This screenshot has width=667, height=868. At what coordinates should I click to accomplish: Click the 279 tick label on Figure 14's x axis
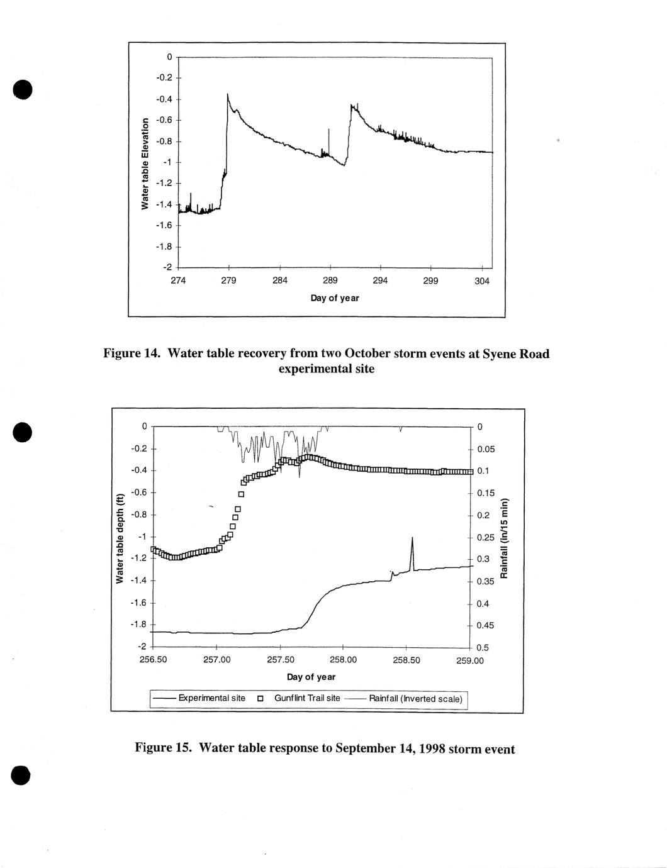(x=228, y=281)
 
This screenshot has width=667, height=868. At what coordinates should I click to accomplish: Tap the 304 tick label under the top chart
(x=481, y=281)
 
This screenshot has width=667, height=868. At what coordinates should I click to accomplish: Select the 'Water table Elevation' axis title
(x=145, y=164)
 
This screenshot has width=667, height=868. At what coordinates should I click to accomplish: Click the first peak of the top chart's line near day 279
(x=228, y=94)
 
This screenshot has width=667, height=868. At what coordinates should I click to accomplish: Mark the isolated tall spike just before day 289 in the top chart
(x=328, y=130)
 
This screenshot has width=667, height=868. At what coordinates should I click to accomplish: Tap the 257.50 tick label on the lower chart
(x=281, y=660)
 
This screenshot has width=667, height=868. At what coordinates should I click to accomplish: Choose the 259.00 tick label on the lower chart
(x=470, y=660)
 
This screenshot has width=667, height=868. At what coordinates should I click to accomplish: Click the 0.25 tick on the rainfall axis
(x=486, y=537)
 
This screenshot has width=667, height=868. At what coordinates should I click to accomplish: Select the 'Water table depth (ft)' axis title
(x=120, y=538)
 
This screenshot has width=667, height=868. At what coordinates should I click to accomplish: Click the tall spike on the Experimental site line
(x=412, y=538)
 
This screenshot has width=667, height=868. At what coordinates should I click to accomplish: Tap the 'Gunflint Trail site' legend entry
(x=306, y=698)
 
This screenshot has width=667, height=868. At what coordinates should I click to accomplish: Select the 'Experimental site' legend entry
(x=211, y=698)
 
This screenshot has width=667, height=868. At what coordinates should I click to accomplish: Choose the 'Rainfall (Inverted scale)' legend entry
(x=415, y=698)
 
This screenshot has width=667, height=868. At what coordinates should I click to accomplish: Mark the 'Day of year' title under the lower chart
(x=311, y=677)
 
